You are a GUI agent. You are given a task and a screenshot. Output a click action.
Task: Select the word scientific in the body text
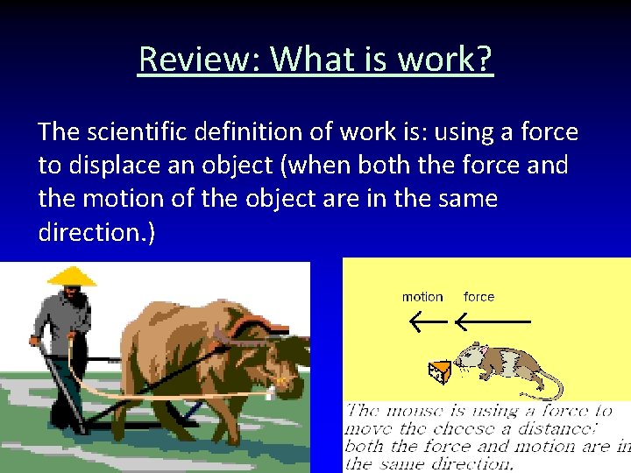pos(141,132)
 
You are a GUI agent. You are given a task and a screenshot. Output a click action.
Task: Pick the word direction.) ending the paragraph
pos(97,232)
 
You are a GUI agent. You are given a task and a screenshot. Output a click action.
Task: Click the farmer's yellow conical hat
pos(71,276)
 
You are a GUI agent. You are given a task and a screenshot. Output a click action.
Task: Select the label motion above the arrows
pos(422,297)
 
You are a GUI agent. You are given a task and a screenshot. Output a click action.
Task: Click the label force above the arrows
pos(479,297)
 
